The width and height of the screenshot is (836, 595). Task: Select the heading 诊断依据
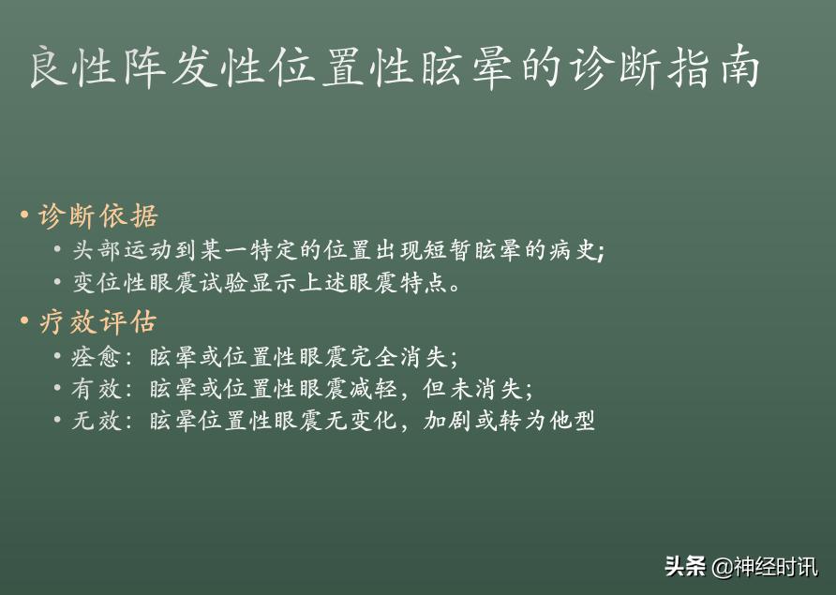click(x=98, y=216)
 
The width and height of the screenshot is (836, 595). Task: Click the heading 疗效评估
click(x=98, y=322)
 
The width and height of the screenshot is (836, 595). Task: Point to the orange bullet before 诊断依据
click(x=24, y=216)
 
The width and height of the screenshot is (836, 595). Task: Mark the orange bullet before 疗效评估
click(x=24, y=322)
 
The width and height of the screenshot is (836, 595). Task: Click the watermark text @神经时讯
click(x=764, y=567)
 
